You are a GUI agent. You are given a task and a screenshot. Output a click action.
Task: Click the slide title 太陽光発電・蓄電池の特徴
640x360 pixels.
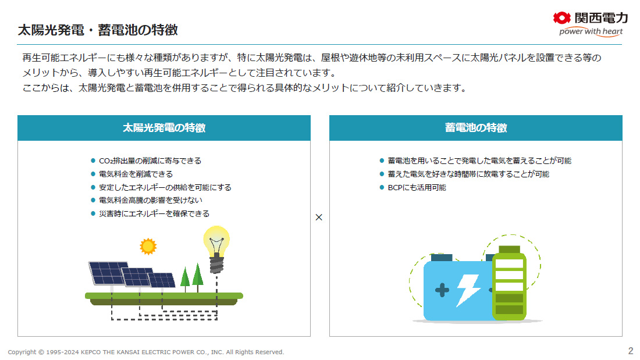[98, 30]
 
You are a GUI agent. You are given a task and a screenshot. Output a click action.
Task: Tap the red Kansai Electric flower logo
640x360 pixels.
[561, 17]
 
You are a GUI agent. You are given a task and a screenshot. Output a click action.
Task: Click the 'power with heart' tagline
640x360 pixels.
[591, 31]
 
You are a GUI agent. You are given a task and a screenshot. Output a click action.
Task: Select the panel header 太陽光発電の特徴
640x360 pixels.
[164, 128]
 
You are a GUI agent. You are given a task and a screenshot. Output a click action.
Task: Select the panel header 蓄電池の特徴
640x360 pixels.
[476, 128]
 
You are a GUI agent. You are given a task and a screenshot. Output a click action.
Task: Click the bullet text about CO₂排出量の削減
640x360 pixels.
[150, 161]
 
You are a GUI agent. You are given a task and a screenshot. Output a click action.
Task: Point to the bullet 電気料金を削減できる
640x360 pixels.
[136, 174]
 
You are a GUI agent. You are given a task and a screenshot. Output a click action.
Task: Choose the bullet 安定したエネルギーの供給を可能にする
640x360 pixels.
[165, 187]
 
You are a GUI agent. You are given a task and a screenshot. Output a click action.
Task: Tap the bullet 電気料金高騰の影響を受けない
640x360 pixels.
[151, 201]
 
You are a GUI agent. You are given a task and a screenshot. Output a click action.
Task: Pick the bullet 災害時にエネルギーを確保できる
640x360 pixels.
[154, 213]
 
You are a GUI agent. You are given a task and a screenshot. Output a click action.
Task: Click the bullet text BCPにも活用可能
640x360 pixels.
[417, 187]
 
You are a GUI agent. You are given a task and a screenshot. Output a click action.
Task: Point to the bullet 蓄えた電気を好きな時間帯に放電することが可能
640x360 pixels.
[468, 174]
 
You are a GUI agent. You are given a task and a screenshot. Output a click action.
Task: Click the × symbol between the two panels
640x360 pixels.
[319, 217]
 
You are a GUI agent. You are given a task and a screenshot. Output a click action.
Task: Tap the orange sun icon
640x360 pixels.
[148, 246]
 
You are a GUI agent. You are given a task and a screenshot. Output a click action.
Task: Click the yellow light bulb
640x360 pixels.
[216, 249]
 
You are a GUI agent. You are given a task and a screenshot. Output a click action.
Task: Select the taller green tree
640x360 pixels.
[198, 277]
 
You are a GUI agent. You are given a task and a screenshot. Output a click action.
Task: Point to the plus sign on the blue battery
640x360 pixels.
[442, 290]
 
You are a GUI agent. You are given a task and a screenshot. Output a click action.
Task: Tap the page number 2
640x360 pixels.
[631, 351]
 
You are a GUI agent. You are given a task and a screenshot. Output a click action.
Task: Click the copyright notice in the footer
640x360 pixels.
[145, 352]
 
